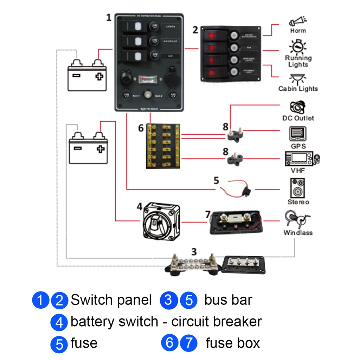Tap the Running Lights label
pyautogui.click(x=298, y=61)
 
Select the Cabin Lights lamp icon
pyautogui.click(x=298, y=78)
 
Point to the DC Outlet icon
pyautogui.click(x=298, y=107)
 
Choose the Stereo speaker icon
pyautogui.click(x=298, y=188)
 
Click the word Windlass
pyautogui.click(x=298, y=233)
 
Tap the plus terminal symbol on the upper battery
pyautogui.click(x=99, y=76)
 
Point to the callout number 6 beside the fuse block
pyautogui.click(x=141, y=128)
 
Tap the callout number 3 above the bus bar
pyautogui.click(x=194, y=252)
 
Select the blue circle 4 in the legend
pyautogui.click(x=59, y=322)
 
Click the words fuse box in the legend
pyautogui.click(x=233, y=343)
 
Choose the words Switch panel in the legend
pyautogui.click(x=111, y=300)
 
